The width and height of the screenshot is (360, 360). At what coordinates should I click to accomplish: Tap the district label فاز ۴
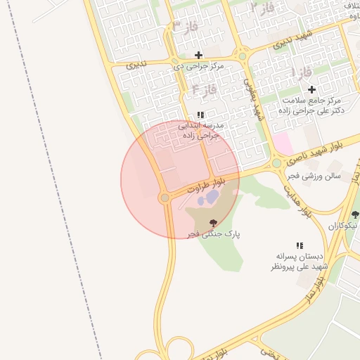pos(203,89)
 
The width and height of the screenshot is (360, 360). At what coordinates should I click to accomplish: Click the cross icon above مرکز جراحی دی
pos(198,55)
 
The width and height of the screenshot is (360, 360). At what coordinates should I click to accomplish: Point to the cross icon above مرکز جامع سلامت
pos(311,89)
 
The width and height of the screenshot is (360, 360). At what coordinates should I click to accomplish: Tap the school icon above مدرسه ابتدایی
pos(200,114)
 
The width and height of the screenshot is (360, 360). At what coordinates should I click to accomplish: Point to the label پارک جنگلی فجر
pos(213,233)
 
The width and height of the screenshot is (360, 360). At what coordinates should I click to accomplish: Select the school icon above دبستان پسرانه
pos(300,245)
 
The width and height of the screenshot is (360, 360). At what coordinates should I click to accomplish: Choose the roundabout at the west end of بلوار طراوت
pos(165,198)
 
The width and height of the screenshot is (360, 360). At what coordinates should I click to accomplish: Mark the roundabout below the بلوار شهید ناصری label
pos(276,163)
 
